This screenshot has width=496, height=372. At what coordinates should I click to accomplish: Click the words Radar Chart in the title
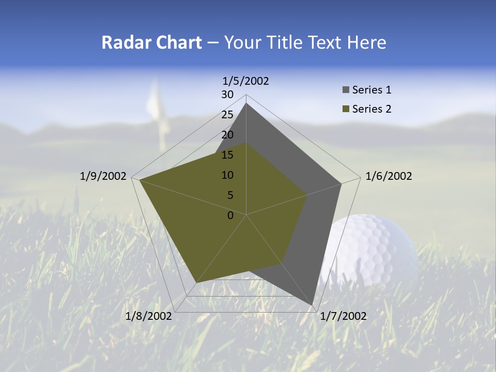[x=151, y=42]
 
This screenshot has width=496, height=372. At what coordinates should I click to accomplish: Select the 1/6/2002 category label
[x=389, y=176]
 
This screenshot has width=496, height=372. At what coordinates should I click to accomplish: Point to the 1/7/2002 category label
[x=343, y=316]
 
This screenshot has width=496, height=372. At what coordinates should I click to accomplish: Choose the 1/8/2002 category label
[x=149, y=316]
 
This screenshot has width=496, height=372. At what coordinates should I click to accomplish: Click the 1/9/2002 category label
[x=103, y=176]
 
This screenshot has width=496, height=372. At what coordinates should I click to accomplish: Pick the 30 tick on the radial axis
[x=227, y=95]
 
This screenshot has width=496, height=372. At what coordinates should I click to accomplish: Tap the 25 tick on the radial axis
[x=227, y=115]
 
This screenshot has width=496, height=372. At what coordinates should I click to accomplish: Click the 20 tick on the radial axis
[x=227, y=135]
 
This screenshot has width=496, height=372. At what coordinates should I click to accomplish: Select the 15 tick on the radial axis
[x=227, y=155]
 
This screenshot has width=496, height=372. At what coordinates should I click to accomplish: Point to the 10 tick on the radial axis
[x=227, y=175]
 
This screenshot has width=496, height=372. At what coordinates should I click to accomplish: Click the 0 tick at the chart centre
[x=230, y=215]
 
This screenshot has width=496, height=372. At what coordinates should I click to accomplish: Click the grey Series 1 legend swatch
[x=346, y=90]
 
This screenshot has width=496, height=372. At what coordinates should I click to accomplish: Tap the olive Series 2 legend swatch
[x=346, y=109]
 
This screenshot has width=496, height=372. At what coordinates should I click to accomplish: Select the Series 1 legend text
[x=371, y=90]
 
